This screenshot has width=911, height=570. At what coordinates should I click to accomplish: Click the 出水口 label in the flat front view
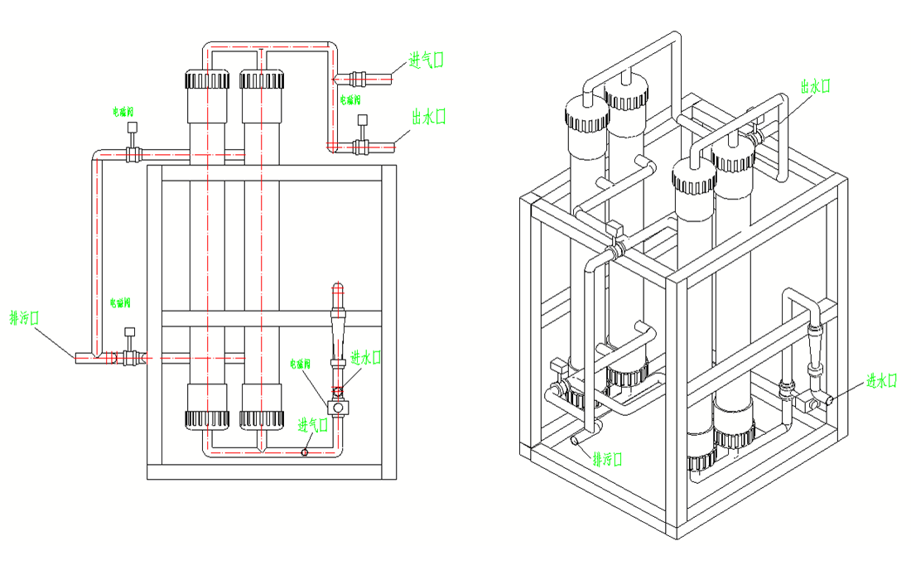click(429, 117)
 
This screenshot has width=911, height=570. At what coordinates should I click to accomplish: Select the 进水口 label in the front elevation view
click(365, 358)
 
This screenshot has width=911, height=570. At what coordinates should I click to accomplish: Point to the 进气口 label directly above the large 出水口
click(427, 60)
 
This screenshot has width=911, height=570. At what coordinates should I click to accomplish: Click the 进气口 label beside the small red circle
click(313, 425)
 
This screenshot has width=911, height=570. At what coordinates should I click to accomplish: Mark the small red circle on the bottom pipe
click(305, 452)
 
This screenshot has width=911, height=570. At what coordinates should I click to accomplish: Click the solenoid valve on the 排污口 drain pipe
click(129, 358)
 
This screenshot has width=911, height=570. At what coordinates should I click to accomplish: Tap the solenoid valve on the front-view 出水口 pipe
click(362, 147)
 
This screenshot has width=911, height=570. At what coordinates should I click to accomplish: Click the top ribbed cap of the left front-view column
click(208, 80)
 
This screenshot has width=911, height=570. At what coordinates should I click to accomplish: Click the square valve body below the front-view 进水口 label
click(337, 407)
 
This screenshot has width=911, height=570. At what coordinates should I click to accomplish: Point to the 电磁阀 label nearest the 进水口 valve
click(300, 363)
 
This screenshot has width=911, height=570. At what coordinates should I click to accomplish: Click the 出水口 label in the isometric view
click(815, 85)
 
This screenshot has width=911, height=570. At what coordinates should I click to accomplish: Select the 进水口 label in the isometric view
click(882, 381)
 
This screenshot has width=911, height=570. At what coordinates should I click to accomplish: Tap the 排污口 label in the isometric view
click(607, 458)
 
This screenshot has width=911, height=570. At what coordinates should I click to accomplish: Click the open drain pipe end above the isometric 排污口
click(575, 440)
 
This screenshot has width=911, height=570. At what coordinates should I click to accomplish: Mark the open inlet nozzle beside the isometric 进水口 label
click(828, 401)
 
